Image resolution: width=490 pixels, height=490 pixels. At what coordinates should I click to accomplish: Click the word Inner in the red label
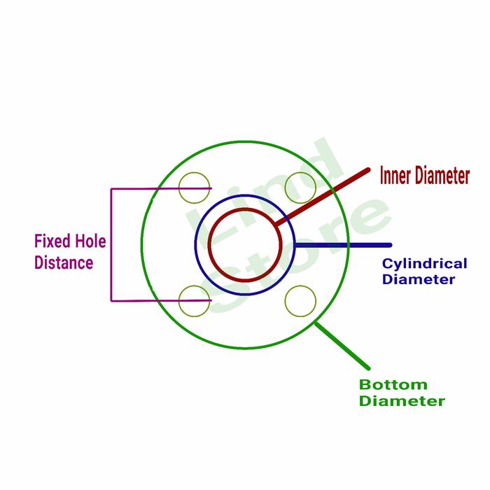[395, 176]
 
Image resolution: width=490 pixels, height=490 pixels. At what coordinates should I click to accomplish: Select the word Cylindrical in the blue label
[424, 264]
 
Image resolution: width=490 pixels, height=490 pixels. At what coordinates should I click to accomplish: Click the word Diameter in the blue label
[419, 280]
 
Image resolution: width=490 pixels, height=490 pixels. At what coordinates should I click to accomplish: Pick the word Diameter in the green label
[402, 401]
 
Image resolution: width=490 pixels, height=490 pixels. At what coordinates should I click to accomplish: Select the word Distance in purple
[64, 263]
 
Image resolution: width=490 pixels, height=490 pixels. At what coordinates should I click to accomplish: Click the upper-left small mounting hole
[194, 187]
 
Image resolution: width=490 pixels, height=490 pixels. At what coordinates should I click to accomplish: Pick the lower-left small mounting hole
[194, 301]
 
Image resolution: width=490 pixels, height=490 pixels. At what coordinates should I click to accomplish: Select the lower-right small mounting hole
[300, 301]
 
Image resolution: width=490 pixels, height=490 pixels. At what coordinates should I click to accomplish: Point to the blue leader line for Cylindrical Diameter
[343, 245]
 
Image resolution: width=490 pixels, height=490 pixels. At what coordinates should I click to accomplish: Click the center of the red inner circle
[245, 245]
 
